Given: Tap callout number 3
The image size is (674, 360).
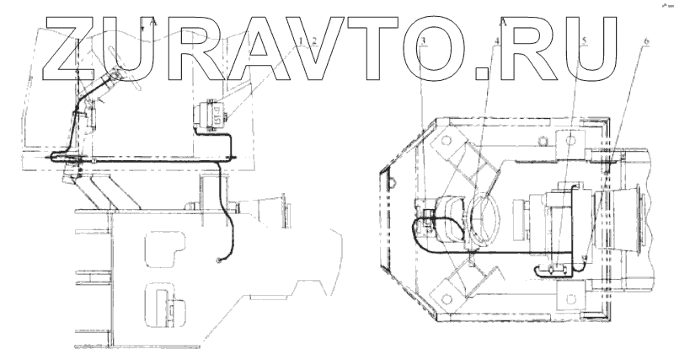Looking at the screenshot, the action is (x=423, y=40).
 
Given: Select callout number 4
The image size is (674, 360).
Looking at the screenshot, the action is (x=497, y=40).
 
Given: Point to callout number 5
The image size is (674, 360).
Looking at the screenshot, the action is (x=583, y=40).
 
